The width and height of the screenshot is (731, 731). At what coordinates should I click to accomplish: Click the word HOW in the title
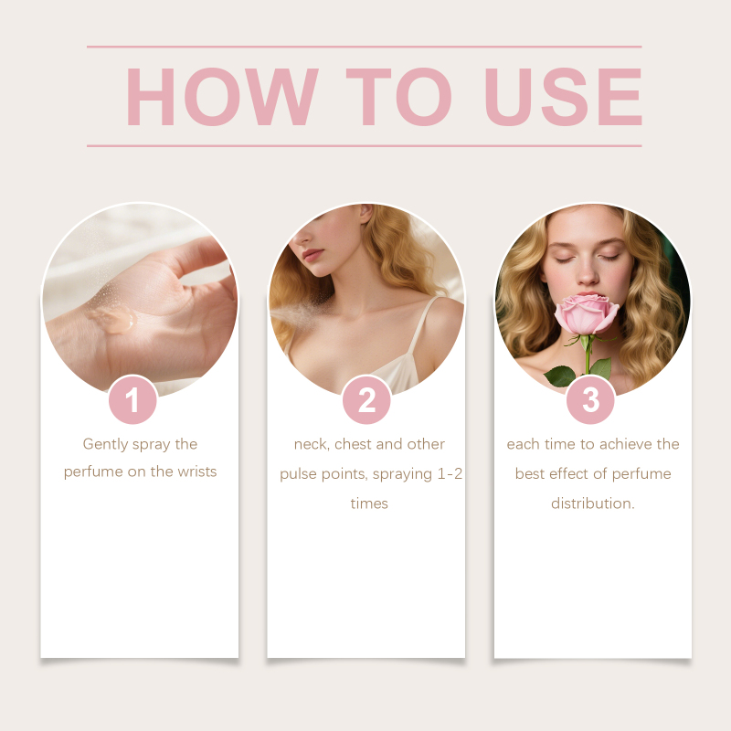(x=222, y=97)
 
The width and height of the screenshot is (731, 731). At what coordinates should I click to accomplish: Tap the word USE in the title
(x=563, y=97)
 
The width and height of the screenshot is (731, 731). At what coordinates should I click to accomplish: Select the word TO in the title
(x=398, y=97)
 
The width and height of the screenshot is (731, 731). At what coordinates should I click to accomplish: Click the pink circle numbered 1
(x=132, y=400)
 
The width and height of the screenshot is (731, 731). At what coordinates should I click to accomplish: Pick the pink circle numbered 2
(x=366, y=400)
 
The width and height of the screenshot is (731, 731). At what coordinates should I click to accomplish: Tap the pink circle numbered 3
(x=590, y=400)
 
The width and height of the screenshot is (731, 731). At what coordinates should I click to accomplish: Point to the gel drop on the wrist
(x=113, y=319)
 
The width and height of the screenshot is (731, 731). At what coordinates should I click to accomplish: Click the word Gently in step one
(x=105, y=444)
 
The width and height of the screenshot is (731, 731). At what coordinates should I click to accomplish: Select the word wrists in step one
(x=197, y=471)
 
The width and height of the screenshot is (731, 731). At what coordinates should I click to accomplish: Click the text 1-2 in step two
(x=450, y=473)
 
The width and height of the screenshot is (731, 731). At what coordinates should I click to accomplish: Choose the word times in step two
(x=369, y=503)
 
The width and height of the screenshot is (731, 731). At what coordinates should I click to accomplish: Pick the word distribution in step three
(x=591, y=503)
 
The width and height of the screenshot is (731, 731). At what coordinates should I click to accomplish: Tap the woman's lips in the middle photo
(x=313, y=254)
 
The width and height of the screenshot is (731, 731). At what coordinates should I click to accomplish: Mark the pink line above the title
(x=364, y=47)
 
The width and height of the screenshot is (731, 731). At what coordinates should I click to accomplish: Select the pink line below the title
(x=364, y=146)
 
